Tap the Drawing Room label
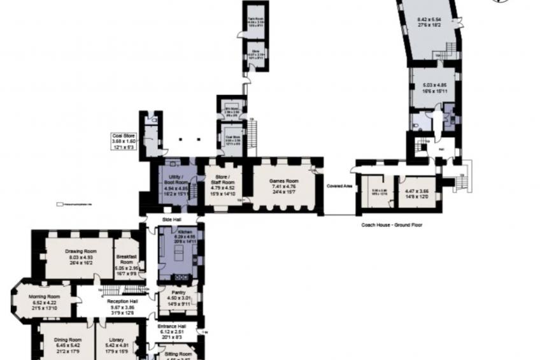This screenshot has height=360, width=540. [80, 250]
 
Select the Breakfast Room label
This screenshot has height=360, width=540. [127, 259]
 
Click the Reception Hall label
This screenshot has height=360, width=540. [122, 301]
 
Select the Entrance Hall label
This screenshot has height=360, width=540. [172, 326]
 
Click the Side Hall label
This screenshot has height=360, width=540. [173, 219]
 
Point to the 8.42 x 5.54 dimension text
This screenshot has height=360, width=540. [429, 20]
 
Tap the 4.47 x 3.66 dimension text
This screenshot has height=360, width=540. [416, 191]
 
